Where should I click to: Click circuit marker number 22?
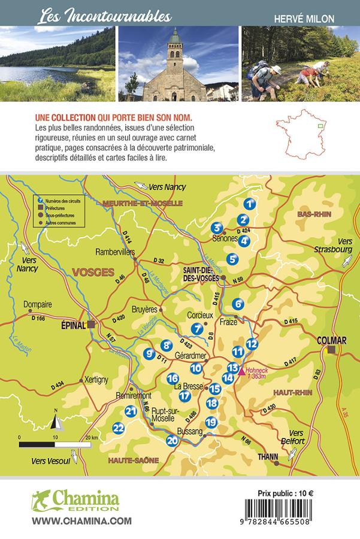click(x=119, y=428)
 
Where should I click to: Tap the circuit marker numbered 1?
click(x=250, y=204)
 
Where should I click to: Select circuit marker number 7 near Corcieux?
click(x=196, y=328)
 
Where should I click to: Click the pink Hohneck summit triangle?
click(x=241, y=372)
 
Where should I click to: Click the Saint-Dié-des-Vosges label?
click(x=199, y=274)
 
